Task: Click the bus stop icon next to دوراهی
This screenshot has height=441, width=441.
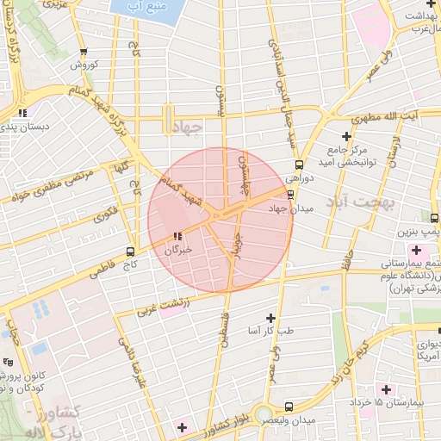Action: click(x=299, y=165)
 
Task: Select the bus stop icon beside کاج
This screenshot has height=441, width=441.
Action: click(x=130, y=252)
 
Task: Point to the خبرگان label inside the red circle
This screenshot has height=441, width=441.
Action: click(x=178, y=250)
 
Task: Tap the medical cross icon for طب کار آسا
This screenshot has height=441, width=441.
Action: click(x=272, y=318)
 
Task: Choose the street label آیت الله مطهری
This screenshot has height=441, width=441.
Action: click(x=388, y=115)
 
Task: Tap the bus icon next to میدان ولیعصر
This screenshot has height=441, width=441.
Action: click(x=289, y=407)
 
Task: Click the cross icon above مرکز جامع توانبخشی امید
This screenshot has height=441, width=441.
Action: click(x=346, y=136)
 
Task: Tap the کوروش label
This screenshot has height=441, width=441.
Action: click(x=86, y=65)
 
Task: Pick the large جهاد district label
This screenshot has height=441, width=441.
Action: click(x=187, y=127)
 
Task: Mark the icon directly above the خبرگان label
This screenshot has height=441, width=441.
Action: click(x=177, y=236)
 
